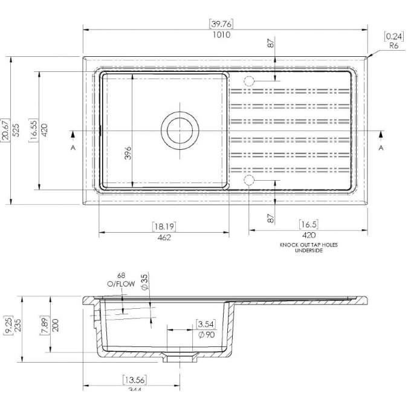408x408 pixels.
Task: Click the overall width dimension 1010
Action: pos(221,34)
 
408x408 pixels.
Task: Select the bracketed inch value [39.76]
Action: pos(221,24)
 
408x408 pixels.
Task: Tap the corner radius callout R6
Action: pos(393,45)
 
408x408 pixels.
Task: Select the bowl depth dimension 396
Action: pos(128,154)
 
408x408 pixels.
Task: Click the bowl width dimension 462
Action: pos(164,238)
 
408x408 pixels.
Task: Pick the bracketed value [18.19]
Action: pos(164,227)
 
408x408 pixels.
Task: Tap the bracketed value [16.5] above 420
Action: pos(308,224)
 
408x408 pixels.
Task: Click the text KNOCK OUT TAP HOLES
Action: pos(309,245)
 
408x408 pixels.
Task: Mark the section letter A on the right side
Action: pos(381,147)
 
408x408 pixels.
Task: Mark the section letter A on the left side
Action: pos(73,147)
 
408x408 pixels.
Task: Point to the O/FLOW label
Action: pos(116,283)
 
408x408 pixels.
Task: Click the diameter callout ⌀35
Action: pos(144,282)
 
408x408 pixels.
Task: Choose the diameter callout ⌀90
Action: pos(206,334)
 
